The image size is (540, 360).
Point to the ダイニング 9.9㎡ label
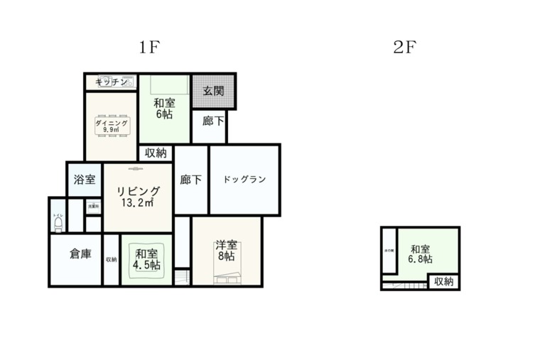111,126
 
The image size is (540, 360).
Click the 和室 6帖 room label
164,108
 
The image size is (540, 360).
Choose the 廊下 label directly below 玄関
212,121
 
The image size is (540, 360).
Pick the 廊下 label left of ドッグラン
190,180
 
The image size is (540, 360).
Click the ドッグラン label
244,179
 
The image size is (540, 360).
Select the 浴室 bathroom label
85,180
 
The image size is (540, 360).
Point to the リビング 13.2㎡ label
138,197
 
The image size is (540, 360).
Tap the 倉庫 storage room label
80,253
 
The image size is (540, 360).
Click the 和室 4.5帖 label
146,259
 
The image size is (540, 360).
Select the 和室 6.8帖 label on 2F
420,254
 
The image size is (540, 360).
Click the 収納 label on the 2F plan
443,282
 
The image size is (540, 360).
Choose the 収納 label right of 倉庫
111,259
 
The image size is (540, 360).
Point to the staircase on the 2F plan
405,285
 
